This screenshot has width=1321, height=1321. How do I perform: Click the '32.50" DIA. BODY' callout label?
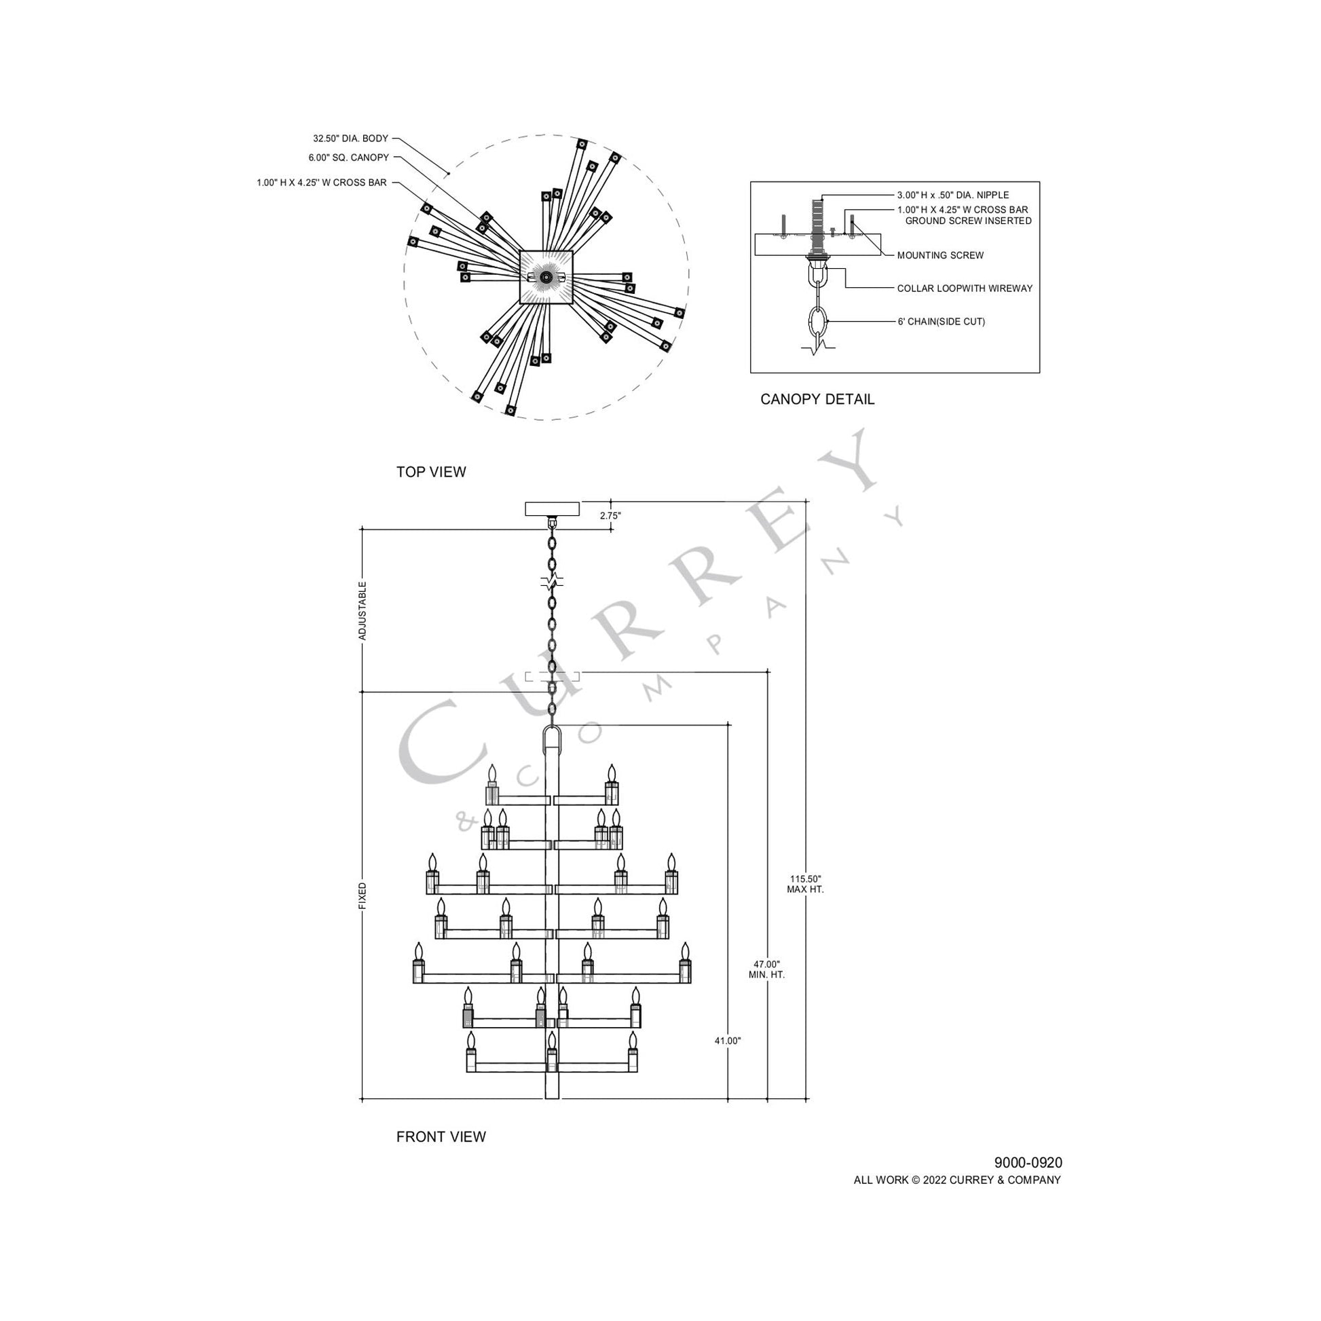click(x=350, y=138)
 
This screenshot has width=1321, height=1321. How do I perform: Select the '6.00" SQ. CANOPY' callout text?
click(x=348, y=158)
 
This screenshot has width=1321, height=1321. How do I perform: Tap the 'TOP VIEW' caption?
click(x=431, y=472)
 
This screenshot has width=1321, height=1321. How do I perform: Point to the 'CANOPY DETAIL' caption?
click(x=817, y=399)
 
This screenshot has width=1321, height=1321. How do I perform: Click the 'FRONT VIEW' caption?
click(x=441, y=1136)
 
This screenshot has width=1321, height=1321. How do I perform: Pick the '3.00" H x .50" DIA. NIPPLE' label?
click(x=952, y=196)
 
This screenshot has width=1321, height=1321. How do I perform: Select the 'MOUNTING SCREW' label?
click(x=940, y=256)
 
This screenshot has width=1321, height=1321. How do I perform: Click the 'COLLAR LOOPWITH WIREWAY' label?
click(x=964, y=289)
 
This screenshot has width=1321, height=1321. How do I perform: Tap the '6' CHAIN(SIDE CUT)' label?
click(x=941, y=321)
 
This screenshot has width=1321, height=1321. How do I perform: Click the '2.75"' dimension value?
click(x=610, y=515)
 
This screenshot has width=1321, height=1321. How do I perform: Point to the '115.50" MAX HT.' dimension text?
click(x=806, y=884)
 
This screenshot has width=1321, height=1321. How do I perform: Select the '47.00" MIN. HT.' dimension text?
click(x=766, y=969)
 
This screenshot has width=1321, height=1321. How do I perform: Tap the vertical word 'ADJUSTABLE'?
click(x=363, y=610)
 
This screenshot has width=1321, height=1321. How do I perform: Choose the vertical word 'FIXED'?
click(x=363, y=895)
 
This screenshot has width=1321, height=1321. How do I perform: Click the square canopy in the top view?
click(x=546, y=276)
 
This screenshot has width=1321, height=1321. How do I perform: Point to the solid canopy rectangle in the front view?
click(x=552, y=508)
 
